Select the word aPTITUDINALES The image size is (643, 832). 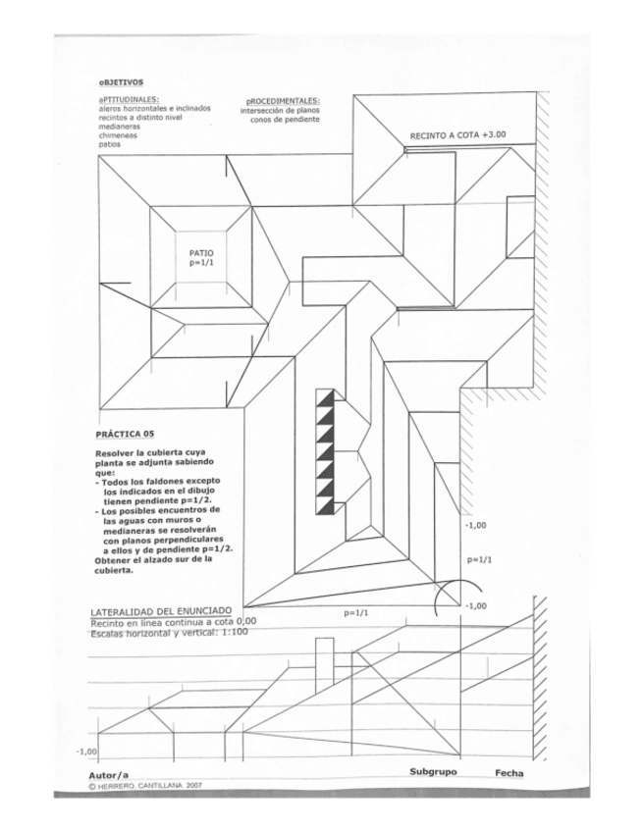point(125,100)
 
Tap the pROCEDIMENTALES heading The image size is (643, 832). point(284,101)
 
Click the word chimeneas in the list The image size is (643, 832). point(116,134)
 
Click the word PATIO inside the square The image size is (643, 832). point(200,252)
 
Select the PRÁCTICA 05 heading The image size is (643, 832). point(125,433)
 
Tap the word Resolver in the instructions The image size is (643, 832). point(116,453)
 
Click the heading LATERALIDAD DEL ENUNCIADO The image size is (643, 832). point(161,612)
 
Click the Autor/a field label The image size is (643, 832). point(109,775)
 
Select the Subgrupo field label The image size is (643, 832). point(433,772)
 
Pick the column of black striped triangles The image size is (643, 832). point(325,451)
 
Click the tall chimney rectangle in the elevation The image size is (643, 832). point(323,662)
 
